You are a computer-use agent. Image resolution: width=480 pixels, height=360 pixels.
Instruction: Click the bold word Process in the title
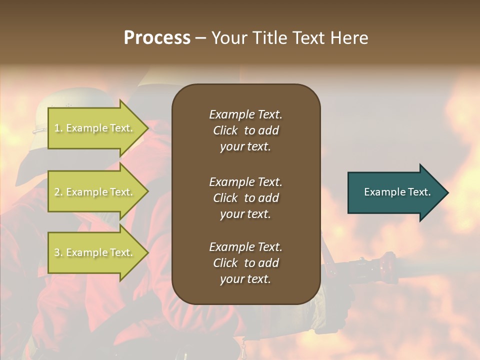[157, 38]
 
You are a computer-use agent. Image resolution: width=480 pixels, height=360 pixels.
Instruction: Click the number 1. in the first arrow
[58, 128]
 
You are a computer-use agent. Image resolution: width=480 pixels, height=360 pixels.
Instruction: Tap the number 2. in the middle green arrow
[58, 192]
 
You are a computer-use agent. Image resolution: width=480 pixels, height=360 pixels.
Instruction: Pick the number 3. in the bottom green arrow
[58, 252]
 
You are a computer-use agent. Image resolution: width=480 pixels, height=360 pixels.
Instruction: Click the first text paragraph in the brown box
[245, 130]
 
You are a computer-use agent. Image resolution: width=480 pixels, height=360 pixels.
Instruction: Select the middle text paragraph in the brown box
[245, 198]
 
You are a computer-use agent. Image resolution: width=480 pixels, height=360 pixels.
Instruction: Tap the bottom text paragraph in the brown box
[245, 263]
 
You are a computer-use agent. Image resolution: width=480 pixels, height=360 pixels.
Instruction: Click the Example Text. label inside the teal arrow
[397, 192]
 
